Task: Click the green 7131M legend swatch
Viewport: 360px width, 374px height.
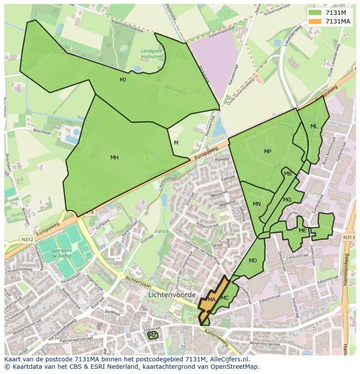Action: pyautogui.click(x=315, y=12)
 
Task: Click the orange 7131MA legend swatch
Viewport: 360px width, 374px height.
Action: pyautogui.click(x=315, y=21)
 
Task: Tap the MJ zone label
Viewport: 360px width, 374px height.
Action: pyautogui.click(x=123, y=80)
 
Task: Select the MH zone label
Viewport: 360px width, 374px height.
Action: pyautogui.click(x=114, y=158)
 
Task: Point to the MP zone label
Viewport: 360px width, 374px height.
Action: pyautogui.click(x=267, y=152)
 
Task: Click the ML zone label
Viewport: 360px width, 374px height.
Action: pyautogui.click(x=314, y=126)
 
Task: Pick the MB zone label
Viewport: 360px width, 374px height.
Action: pyautogui.click(x=288, y=174)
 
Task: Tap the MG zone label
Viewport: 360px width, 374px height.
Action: pyautogui.click(x=287, y=200)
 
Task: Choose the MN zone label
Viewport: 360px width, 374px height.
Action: pyautogui.click(x=257, y=204)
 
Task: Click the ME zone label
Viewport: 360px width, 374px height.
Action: pyautogui.click(x=302, y=231)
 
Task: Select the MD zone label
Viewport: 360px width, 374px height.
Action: pyautogui.click(x=253, y=261)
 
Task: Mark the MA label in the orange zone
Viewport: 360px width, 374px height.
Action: pyautogui.click(x=212, y=300)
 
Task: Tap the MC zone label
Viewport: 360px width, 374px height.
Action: pyautogui.click(x=225, y=298)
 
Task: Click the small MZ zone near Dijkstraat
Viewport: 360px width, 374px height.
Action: pyautogui.click(x=153, y=335)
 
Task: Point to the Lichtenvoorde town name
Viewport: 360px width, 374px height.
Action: pyautogui.click(x=172, y=295)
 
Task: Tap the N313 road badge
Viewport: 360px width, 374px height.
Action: pyautogui.click(x=349, y=237)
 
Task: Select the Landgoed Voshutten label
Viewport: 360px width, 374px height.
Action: pyautogui.click(x=151, y=54)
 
